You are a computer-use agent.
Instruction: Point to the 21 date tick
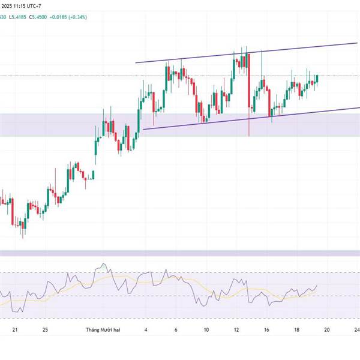tap(16, 330)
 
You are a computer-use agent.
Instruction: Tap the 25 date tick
tap(46, 330)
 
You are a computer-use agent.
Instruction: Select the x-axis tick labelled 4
tap(146, 330)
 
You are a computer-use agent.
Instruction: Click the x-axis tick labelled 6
tap(176, 330)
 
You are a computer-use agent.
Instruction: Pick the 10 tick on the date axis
tap(206, 330)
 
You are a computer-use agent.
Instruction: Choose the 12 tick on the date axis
tap(236, 330)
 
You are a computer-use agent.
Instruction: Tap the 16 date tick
tap(266, 330)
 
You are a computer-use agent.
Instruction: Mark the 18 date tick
tap(296, 330)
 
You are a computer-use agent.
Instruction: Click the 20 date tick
tap(327, 330)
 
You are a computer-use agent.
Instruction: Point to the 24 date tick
tap(356, 330)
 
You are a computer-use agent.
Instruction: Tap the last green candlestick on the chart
tap(316, 79)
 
